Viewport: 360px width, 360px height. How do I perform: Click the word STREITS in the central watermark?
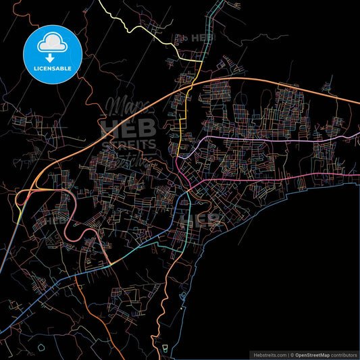[128, 144]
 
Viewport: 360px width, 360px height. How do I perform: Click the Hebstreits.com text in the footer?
[269, 354]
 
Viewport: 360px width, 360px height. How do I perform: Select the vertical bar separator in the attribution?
[288, 354]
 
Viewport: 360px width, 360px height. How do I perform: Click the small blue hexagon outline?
[41, 347]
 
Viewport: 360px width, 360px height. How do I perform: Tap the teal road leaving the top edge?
[217, 10]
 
